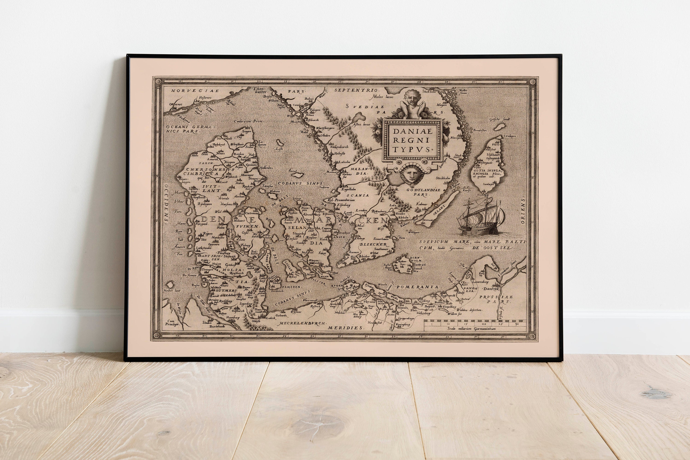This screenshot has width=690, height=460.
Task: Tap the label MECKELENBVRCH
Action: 301,323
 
